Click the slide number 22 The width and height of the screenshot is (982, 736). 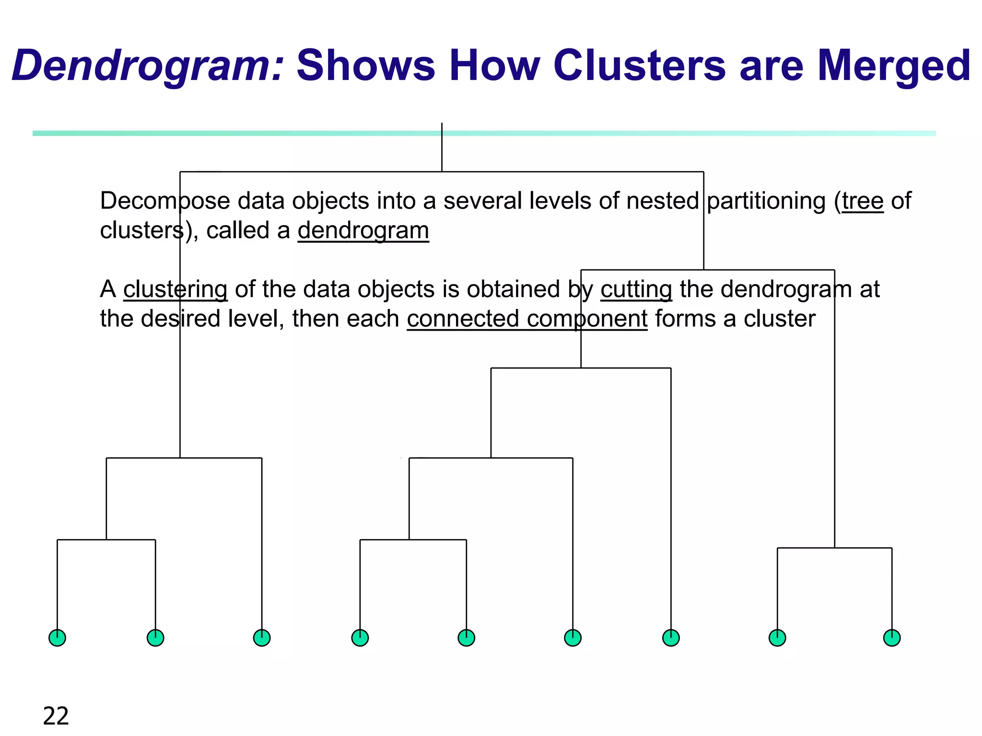(x=56, y=716)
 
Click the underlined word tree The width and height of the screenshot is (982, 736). (x=863, y=201)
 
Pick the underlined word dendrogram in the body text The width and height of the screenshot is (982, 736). (x=363, y=230)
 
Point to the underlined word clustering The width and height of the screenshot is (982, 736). (x=175, y=289)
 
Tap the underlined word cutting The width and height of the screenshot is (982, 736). (x=636, y=289)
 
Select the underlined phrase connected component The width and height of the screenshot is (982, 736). (x=527, y=319)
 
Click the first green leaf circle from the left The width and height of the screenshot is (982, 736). (x=58, y=638)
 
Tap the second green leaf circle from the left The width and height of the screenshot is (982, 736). (x=155, y=638)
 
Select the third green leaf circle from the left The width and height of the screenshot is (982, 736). (x=262, y=638)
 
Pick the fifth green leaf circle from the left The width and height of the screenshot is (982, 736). (x=467, y=638)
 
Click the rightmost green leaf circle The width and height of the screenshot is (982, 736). (x=892, y=638)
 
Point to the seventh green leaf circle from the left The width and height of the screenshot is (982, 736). (x=671, y=638)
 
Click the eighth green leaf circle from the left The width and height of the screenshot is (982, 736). (x=777, y=638)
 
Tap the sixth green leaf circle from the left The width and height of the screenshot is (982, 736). (x=573, y=638)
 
